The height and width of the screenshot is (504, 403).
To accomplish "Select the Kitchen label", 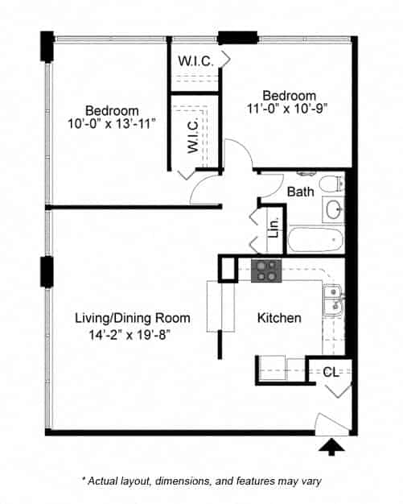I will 279,318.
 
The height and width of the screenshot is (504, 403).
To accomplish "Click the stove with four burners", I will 265,271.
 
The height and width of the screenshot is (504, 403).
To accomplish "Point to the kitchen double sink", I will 333,305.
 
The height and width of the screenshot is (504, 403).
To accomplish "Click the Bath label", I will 300,192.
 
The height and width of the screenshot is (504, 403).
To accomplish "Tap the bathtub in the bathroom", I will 315,239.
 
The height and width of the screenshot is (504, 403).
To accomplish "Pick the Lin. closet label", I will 273,229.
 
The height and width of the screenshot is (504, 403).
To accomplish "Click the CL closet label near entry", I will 331,372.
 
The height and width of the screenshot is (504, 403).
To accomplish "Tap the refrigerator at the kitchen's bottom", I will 282,367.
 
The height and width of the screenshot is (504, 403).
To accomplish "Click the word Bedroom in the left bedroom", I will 112,110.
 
